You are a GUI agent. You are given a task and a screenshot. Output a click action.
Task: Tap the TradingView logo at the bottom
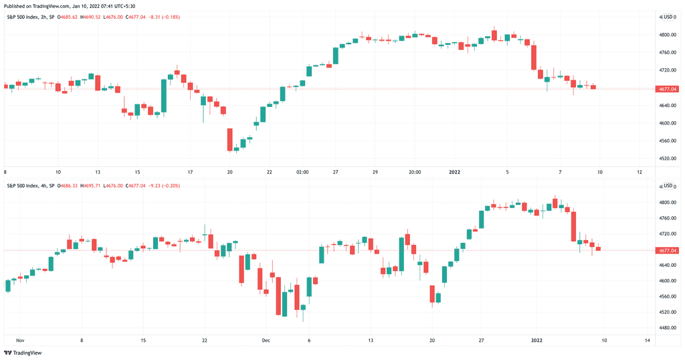23,353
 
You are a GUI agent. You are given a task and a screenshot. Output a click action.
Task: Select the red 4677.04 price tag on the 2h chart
668,89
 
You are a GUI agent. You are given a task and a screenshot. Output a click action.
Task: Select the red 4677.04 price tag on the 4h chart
668,251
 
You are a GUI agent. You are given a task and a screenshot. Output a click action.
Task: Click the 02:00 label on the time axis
302,172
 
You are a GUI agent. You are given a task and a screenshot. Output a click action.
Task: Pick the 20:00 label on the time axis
415,172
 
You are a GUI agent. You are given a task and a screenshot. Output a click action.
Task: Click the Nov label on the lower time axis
19,341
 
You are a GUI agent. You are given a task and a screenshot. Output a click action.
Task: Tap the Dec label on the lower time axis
266,341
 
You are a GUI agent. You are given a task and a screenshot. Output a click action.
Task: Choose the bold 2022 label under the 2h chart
455,172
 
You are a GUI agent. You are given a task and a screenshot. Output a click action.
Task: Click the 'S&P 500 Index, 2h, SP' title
31,17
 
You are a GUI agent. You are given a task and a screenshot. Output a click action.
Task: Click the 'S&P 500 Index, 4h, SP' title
31,185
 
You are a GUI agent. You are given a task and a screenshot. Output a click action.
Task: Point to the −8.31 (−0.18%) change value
164,17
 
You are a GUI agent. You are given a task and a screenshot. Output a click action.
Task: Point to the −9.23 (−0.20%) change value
164,185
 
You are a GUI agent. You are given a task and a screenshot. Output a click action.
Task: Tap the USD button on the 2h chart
668,17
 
